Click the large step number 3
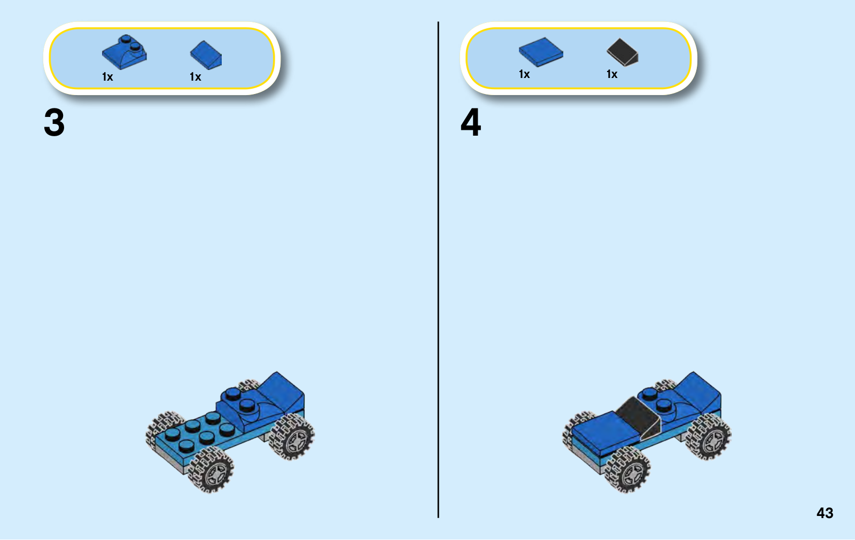(54, 122)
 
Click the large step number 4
(471, 122)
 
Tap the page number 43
(825, 513)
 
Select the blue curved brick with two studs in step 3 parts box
(125, 52)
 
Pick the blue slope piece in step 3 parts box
(206, 56)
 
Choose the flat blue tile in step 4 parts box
(541, 52)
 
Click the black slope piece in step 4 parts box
(623, 52)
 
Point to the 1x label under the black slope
(612, 74)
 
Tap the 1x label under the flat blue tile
(524, 74)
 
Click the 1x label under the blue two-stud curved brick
(107, 77)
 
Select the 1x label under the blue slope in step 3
(195, 77)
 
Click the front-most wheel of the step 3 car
(211, 469)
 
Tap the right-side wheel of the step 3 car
(292, 437)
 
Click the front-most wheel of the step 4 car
(627, 469)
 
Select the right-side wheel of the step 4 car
(709, 437)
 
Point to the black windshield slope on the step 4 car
(638, 417)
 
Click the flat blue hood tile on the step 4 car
(604, 433)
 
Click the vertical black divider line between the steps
(438, 270)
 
